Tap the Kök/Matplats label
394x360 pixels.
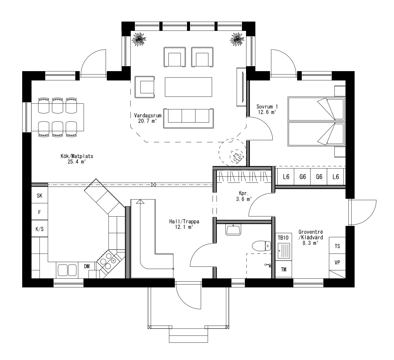pyautogui.click(x=77, y=159)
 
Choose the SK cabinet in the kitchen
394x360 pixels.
pyautogui.click(x=39, y=196)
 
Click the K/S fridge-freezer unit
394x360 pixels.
pyautogui.click(x=39, y=229)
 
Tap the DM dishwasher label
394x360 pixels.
pyautogui.click(x=87, y=266)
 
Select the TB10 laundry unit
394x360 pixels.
pyautogui.click(x=283, y=238)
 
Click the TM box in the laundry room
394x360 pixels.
pyautogui.click(x=283, y=269)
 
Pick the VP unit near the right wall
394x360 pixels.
pyautogui.click(x=337, y=262)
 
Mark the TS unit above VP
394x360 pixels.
pyautogui.click(x=337, y=246)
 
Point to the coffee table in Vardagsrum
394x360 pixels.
pyautogui.click(x=188, y=87)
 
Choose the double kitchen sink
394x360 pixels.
pyautogui.click(x=67, y=270)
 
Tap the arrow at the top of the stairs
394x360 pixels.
pyautogui.click(x=140, y=201)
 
